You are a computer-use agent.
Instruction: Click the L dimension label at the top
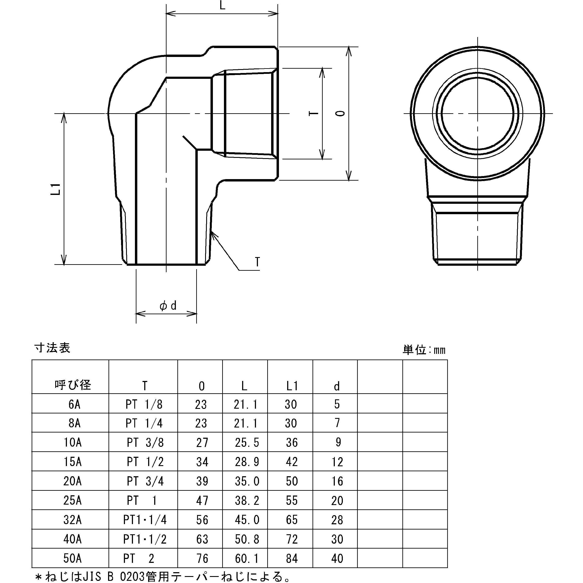point(222,5)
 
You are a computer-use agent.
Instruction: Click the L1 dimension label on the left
point(56,189)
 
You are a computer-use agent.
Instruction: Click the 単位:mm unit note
point(424,350)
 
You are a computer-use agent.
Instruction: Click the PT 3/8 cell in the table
point(145,442)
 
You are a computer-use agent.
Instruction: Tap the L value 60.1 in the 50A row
point(247,559)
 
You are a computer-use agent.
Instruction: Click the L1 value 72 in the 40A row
point(291,539)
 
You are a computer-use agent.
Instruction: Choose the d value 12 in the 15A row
point(337,462)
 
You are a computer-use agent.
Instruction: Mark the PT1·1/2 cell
point(145,539)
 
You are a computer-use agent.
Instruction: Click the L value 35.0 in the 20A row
point(247,481)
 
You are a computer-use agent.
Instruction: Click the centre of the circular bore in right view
point(478,113)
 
